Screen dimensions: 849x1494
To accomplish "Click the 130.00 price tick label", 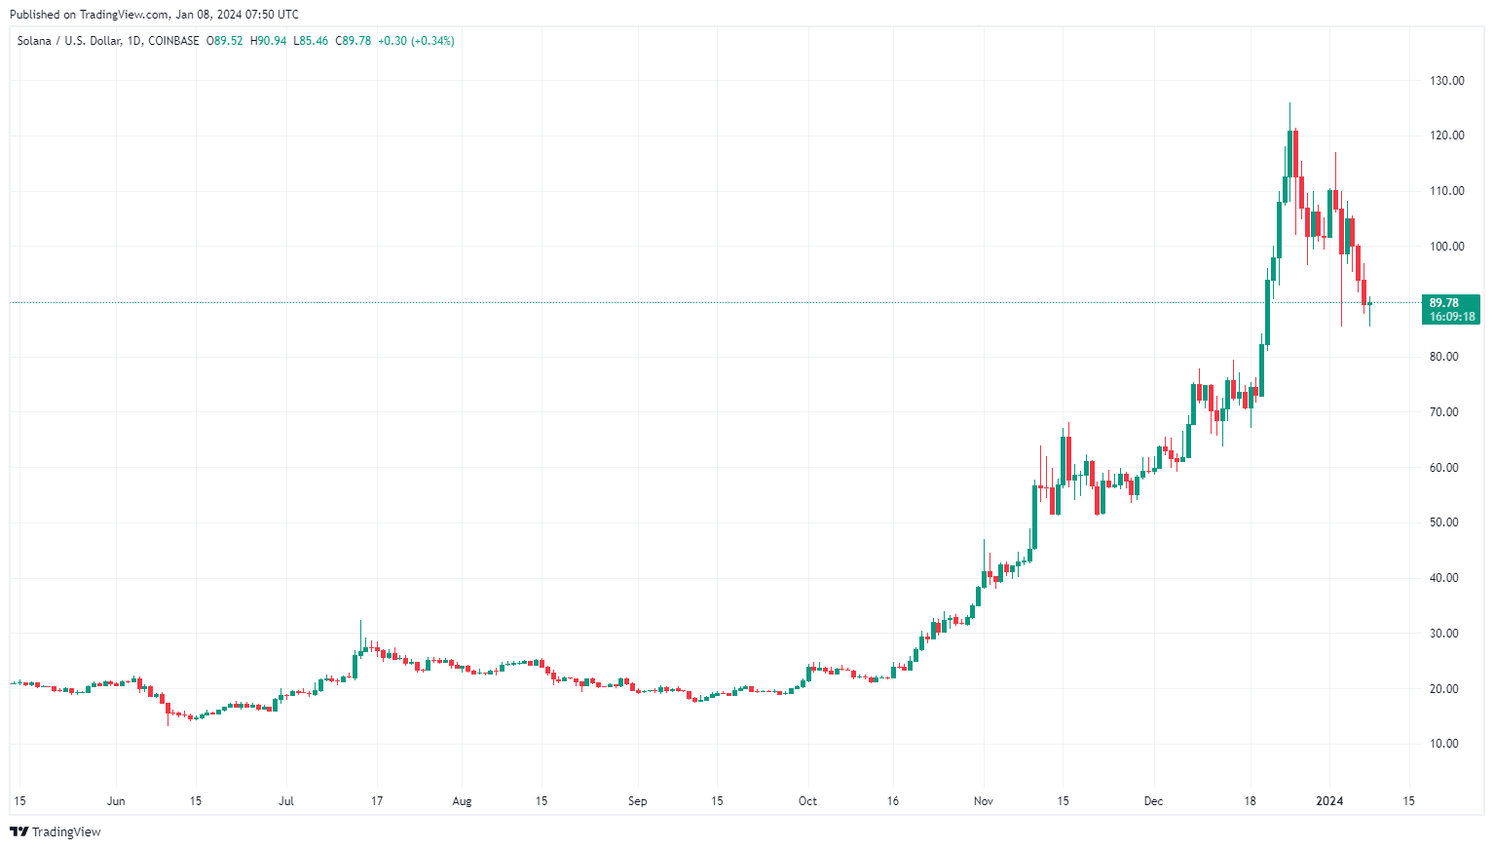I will click(x=1446, y=81).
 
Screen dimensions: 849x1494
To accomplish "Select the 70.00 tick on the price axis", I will click(x=1446, y=412).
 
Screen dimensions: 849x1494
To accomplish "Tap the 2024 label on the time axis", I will click(x=1329, y=801).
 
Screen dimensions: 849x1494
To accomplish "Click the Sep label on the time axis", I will click(x=637, y=801).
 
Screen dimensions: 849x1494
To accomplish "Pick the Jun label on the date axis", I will click(x=116, y=801).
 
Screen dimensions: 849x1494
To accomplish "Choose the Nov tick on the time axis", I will click(x=984, y=801).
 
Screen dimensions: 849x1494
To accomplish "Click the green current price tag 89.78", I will click(x=1444, y=303).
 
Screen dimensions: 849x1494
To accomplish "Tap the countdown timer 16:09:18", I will click(x=1452, y=317).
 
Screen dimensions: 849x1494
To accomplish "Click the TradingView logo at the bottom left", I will click(x=56, y=831).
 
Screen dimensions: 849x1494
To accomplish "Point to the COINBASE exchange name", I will click(x=173, y=41).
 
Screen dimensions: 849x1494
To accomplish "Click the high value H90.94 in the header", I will click(x=268, y=41).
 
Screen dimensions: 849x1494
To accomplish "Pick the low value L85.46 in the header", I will click(x=311, y=41).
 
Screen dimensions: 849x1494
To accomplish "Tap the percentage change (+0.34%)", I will click(x=432, y=41).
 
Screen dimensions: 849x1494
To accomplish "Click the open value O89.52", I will click(x=225, y=41).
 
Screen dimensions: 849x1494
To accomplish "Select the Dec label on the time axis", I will click(x=1153, y=801).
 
